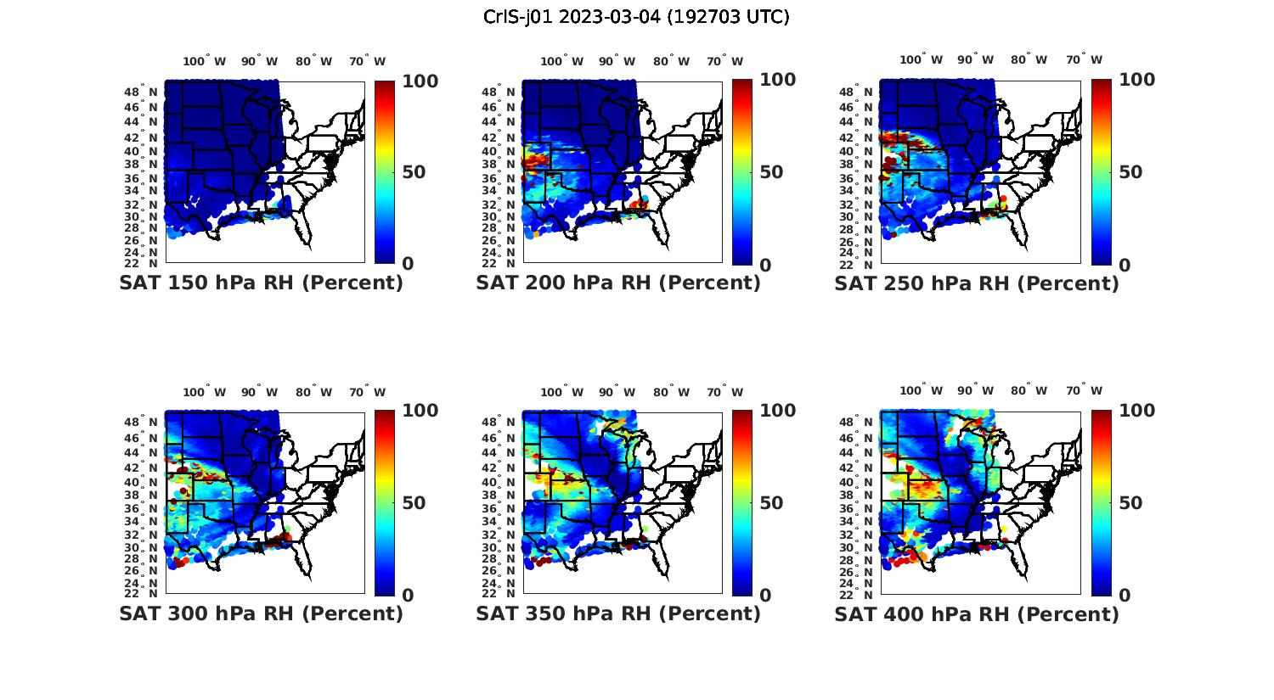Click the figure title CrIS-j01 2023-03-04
pyautogui.click(x=636, y=17)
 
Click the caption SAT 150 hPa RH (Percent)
pyautogui.click(x=261, y=283)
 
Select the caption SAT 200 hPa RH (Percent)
pyautogui.click(x=618, y=283)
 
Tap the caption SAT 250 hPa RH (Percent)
pyautogui.click(x=977, y=283)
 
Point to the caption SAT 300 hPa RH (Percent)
pyautogui.click(x=261, y=613)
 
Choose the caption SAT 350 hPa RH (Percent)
pyautogui.click(x=618, y=613)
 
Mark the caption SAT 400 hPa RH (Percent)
pyautogui.click(x=977, y=613)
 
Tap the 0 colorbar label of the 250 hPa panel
pyautogui.click(x=1125, y=265)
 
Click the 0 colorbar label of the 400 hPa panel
pyautogui.click(x=1125, y=596)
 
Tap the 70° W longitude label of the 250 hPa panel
pyautogui.click(x=1085, y=59)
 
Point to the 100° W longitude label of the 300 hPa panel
pyautogui.click(x=204, y=392)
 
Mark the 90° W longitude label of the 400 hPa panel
pyautogui.click(x=977, y=390)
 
